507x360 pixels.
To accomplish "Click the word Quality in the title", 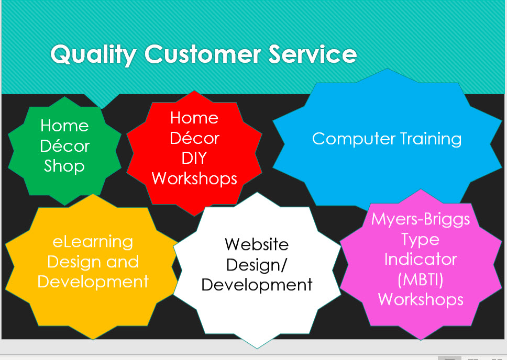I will pos(93,54).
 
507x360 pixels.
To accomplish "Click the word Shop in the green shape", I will pos(64,166).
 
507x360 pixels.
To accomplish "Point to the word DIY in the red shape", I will pos(194,158).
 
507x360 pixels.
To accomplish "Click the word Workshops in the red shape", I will pos(194,178).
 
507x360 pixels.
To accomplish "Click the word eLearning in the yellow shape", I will pos(93,242).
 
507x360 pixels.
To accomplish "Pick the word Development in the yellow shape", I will pos(93,282).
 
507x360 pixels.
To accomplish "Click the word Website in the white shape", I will pos(257,244).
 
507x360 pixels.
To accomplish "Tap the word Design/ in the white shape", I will pos(257,264).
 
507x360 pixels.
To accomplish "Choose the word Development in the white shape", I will pos(257,285).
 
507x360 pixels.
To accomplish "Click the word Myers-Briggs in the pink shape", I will pos(421,219).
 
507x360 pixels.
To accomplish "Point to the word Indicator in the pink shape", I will pos(421,259).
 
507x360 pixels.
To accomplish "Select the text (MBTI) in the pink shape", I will pos(421,279).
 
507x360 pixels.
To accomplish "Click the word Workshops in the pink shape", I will pos(421,299).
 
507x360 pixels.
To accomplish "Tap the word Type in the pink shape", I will pos(421,239).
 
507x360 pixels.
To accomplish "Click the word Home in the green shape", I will pos(64,126).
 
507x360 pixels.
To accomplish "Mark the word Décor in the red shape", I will pos(194,138).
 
